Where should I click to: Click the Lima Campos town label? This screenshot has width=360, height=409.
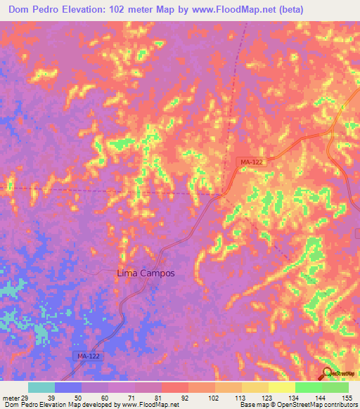click(x=144, y=273)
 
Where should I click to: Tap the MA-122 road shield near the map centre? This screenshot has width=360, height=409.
click(x=251, y=162)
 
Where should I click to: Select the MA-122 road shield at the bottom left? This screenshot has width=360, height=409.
click(x=88, y=357)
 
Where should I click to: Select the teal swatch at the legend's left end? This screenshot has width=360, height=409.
click(x=41, y=387)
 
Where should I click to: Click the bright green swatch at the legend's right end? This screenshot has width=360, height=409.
click(x=335, y=387)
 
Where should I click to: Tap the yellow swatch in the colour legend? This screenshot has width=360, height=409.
click(x=281, y=387)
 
